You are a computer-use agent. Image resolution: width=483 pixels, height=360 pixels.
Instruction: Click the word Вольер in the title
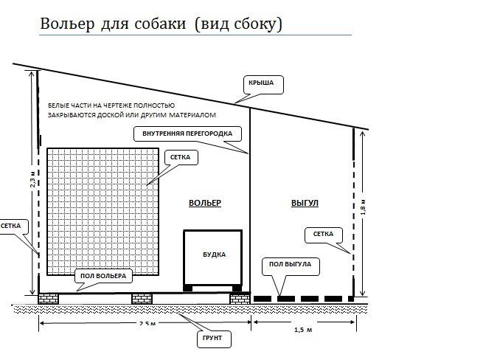point(67,24)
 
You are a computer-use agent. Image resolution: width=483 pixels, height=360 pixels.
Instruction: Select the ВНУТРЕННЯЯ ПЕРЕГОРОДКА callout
point(187,134)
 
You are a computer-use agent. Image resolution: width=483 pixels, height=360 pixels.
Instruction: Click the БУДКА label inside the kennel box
point(214,255)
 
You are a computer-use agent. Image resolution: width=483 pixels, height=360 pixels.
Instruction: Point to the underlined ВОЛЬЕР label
point(205,203)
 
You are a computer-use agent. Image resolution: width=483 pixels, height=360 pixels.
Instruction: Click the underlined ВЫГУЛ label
point(305,203)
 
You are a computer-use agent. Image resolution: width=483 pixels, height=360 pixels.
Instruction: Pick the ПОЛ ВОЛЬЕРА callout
point(103,276)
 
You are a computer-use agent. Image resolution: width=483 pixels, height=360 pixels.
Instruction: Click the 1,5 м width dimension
point(303,330)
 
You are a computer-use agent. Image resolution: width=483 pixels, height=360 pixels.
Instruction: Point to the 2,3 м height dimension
point(33,179)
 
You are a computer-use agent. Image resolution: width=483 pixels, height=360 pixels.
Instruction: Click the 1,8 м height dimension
point(364,207)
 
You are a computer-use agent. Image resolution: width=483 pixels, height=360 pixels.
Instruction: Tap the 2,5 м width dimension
point(147,324)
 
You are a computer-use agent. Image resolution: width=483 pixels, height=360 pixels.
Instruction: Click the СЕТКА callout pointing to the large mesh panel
point(180,157)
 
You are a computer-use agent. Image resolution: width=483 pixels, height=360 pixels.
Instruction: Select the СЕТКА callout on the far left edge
point(10,226)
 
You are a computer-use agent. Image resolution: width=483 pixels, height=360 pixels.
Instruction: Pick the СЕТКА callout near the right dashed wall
point(323,234)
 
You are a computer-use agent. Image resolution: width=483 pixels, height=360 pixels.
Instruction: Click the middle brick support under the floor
point(142,299)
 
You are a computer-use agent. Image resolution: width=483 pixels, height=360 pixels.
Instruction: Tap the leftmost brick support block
point(49,299)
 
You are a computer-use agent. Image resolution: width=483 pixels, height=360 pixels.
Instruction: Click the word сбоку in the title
point(254,24)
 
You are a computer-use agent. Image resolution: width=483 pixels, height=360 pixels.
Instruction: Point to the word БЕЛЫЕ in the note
point(58,105)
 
